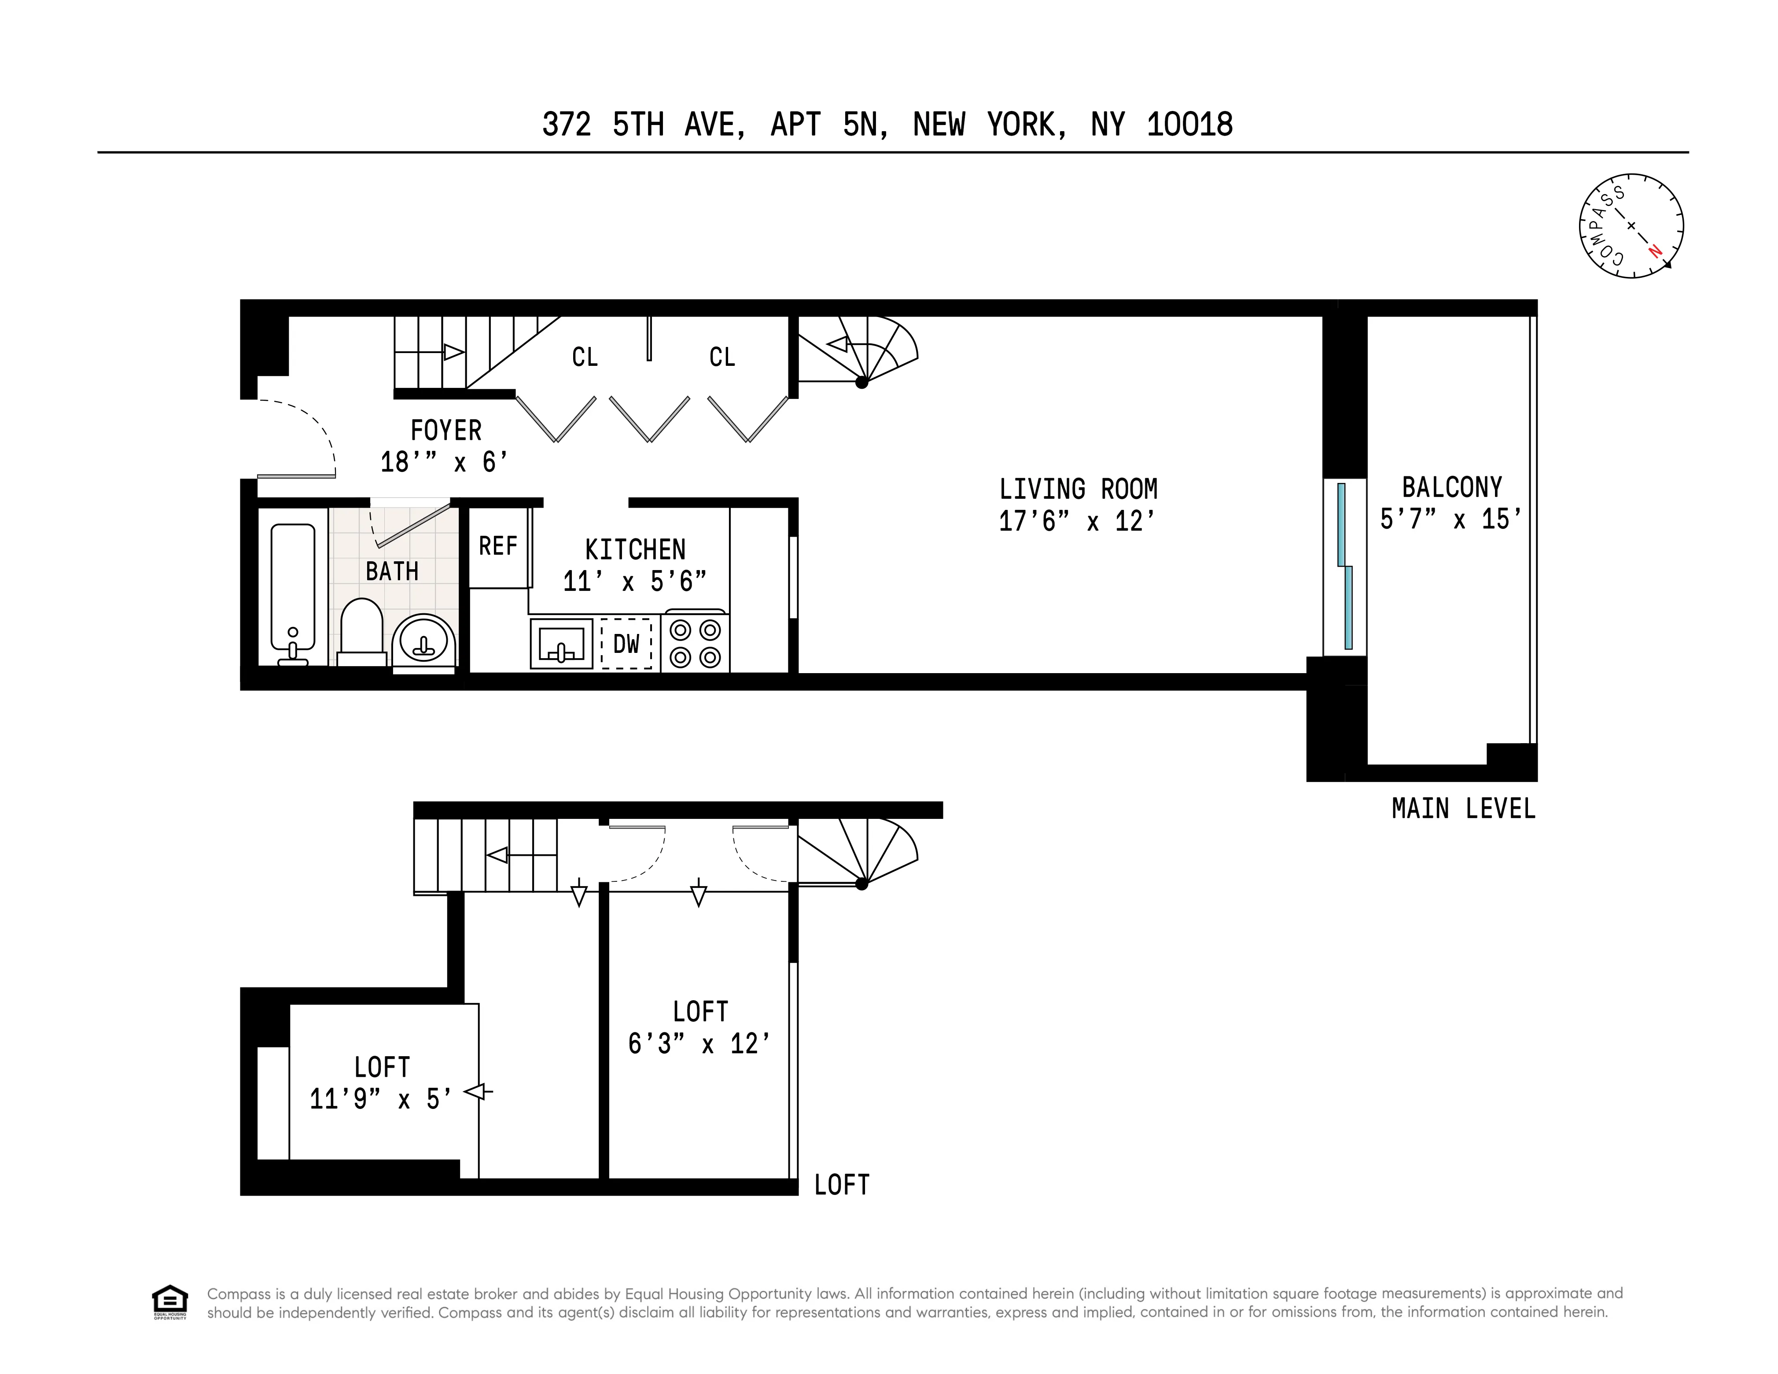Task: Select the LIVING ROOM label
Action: click(1078, 489)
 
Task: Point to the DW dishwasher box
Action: click(626, 645)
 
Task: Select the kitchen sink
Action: click(561, 644)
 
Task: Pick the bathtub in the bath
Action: click(292, 594)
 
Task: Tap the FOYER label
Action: click(445, 430)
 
